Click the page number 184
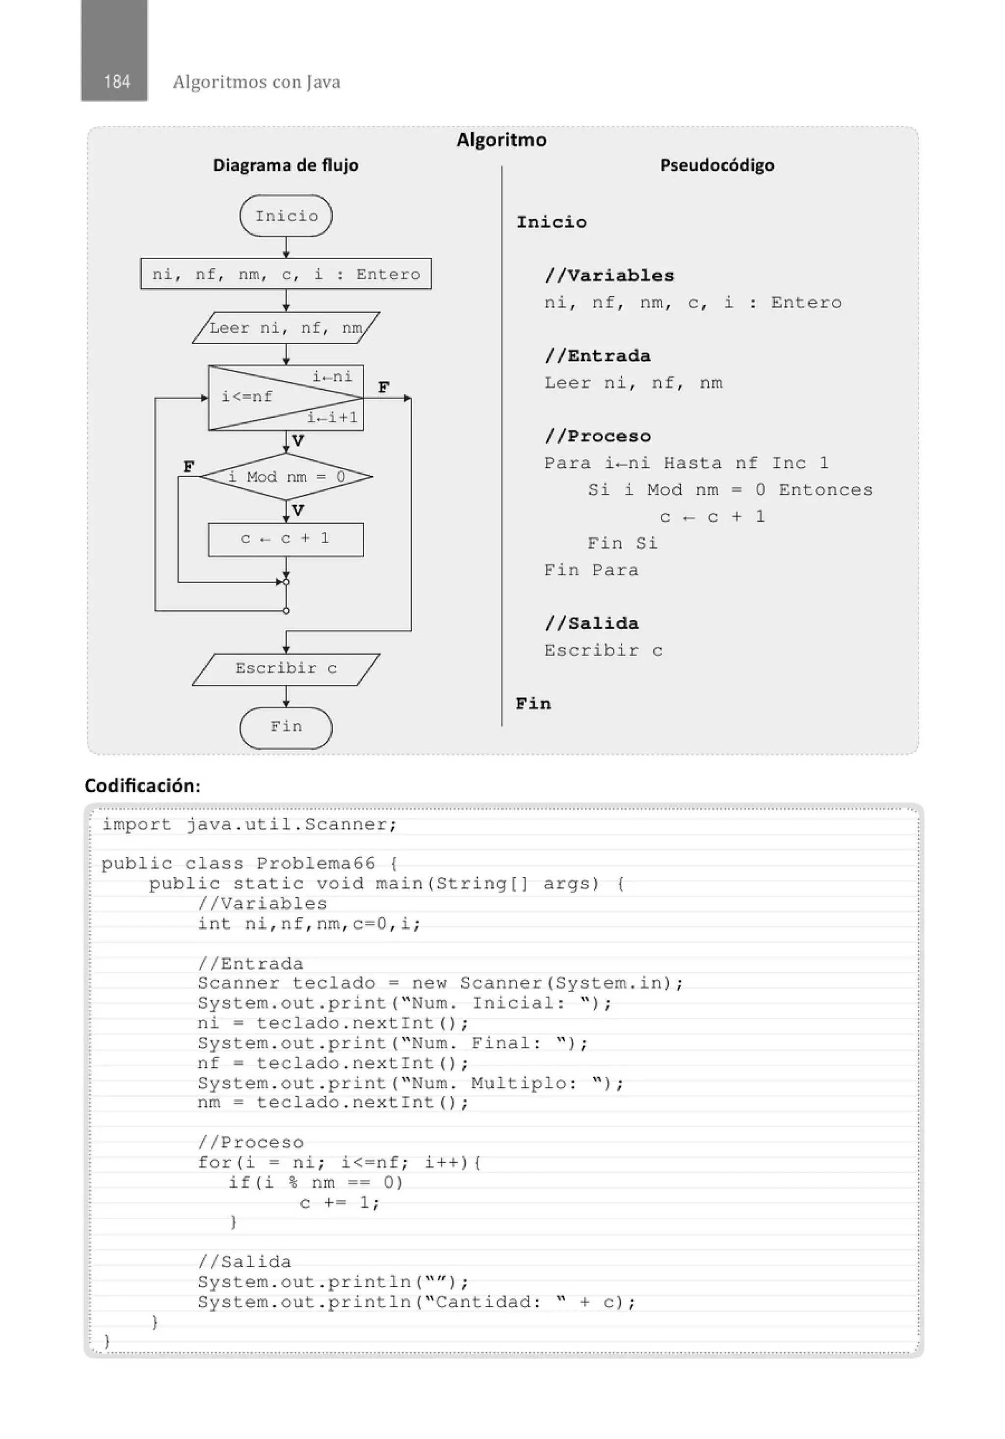click(116, 81)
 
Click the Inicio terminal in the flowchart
click(286, 216)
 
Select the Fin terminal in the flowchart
click(286, 727)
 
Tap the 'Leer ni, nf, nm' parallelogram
click(286, 328)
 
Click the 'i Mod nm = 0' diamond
click(286, 477)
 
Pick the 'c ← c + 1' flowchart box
click(286, 539)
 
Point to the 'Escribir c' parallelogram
click(286, 669)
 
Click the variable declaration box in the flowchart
click(286, 274)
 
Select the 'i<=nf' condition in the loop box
click(247, 397)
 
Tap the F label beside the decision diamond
click(188, 467)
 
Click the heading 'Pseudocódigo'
click(717, 165)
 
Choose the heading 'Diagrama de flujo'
click(286, 165)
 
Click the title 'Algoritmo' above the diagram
click(501, 140)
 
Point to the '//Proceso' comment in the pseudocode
click(598, 436)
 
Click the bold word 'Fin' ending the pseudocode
click(533, 704)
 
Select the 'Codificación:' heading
click(142, 786)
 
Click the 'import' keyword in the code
click(136, 825)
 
